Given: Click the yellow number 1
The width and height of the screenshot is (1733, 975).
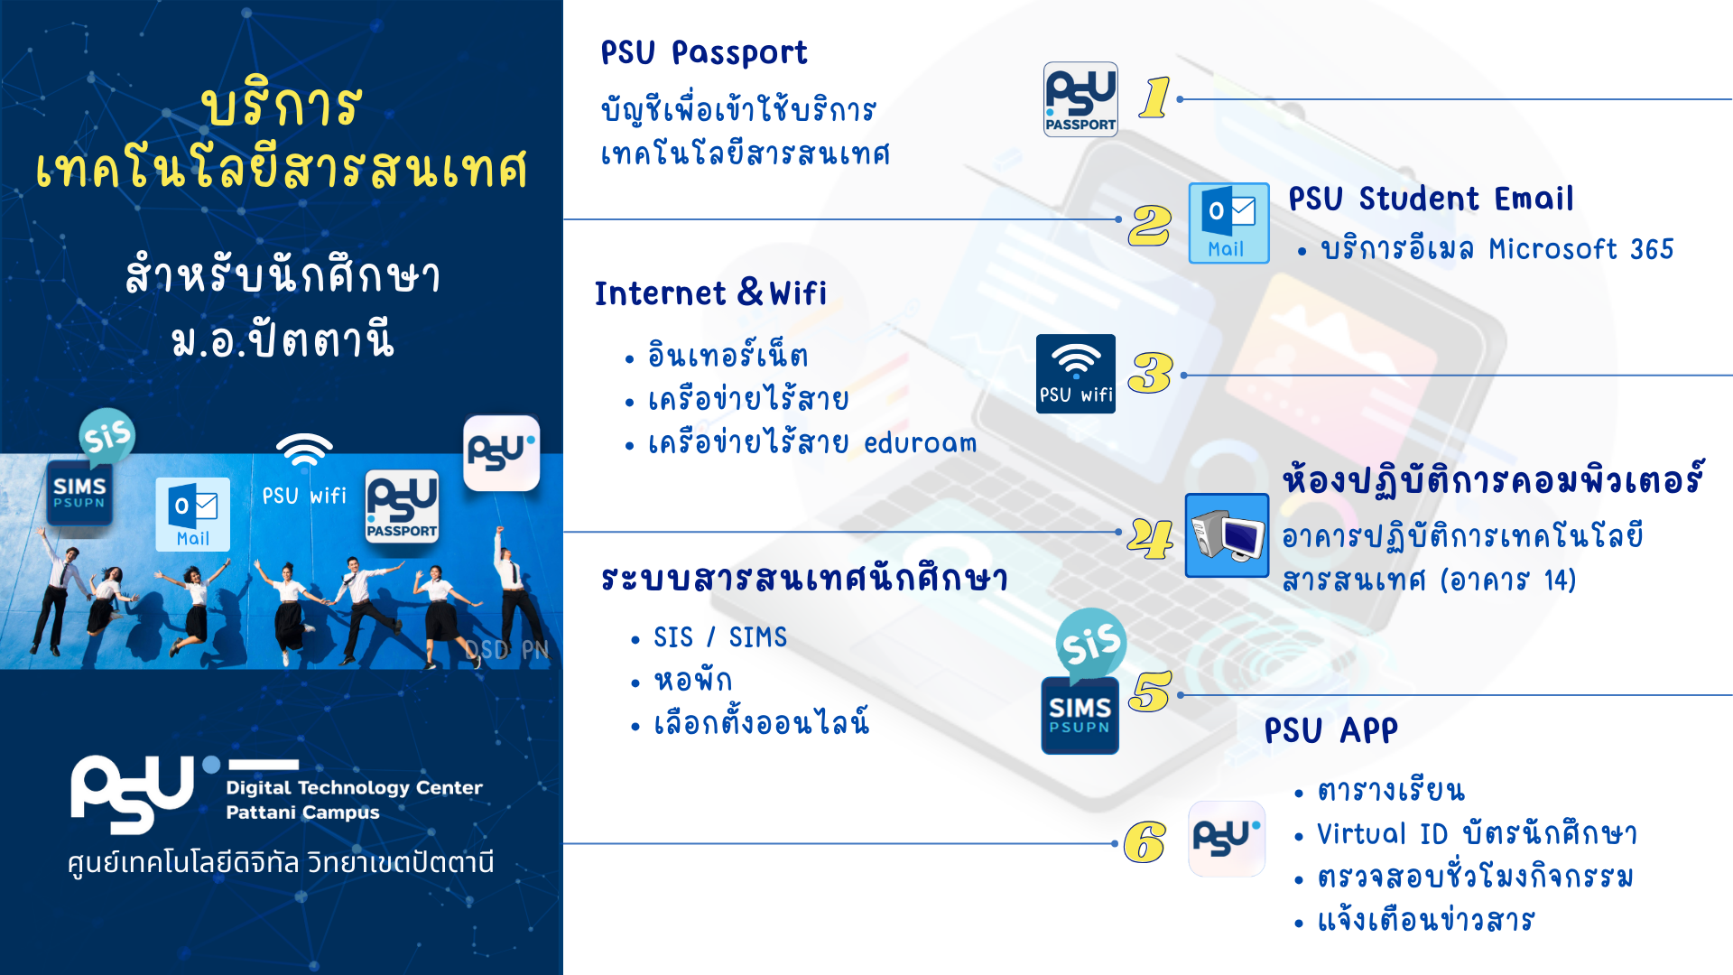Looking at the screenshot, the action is click(1154, 97).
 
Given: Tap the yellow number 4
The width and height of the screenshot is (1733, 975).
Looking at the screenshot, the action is click(1151, 539).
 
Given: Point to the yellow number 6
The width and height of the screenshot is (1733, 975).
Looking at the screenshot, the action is click(1145, 842).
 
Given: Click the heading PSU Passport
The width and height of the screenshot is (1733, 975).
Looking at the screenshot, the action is click(704, 52).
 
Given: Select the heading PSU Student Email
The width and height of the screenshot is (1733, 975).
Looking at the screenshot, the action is click(1431, 199).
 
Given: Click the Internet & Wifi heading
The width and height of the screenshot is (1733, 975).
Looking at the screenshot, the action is click(710, 292).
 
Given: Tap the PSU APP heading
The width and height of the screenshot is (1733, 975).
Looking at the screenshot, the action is click(1330, 730).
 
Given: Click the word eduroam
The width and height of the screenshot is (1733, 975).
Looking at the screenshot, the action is click(920, 442).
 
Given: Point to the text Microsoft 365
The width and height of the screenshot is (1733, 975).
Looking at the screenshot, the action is click(1580, 248).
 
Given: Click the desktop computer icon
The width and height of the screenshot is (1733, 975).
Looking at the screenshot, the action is click(1227, 535).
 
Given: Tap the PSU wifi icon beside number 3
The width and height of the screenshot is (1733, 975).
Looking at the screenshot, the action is click(1075, 374).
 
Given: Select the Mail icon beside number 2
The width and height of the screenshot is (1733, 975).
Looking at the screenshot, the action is click(1228, 223).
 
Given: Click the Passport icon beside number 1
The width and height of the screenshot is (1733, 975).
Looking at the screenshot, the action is click(1080, 99).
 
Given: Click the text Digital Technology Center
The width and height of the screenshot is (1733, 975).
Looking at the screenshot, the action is click(354, 787).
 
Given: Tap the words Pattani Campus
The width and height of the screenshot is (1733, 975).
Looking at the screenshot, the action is click(302, 812).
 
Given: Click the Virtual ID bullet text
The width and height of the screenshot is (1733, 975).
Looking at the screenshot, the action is click(1477, 833).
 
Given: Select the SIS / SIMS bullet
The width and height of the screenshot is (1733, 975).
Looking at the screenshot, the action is click(720, 637).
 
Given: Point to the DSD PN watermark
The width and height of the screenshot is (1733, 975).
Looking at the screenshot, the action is click(506, 649).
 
